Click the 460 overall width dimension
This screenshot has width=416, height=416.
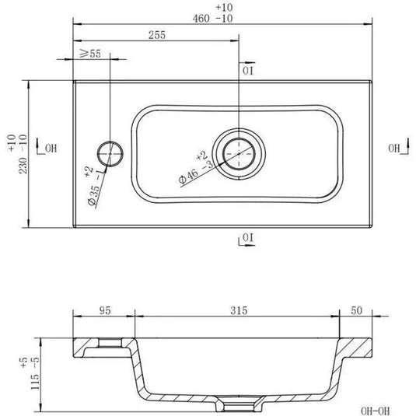201,19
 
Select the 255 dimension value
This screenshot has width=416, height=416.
157,35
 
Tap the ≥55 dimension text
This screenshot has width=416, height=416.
90,54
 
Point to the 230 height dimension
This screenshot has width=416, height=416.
23,166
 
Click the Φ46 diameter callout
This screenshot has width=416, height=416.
188,177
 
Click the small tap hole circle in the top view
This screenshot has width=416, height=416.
110,154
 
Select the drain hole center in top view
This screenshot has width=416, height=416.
239,154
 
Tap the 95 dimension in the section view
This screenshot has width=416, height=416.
105,310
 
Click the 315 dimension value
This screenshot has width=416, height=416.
239,310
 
